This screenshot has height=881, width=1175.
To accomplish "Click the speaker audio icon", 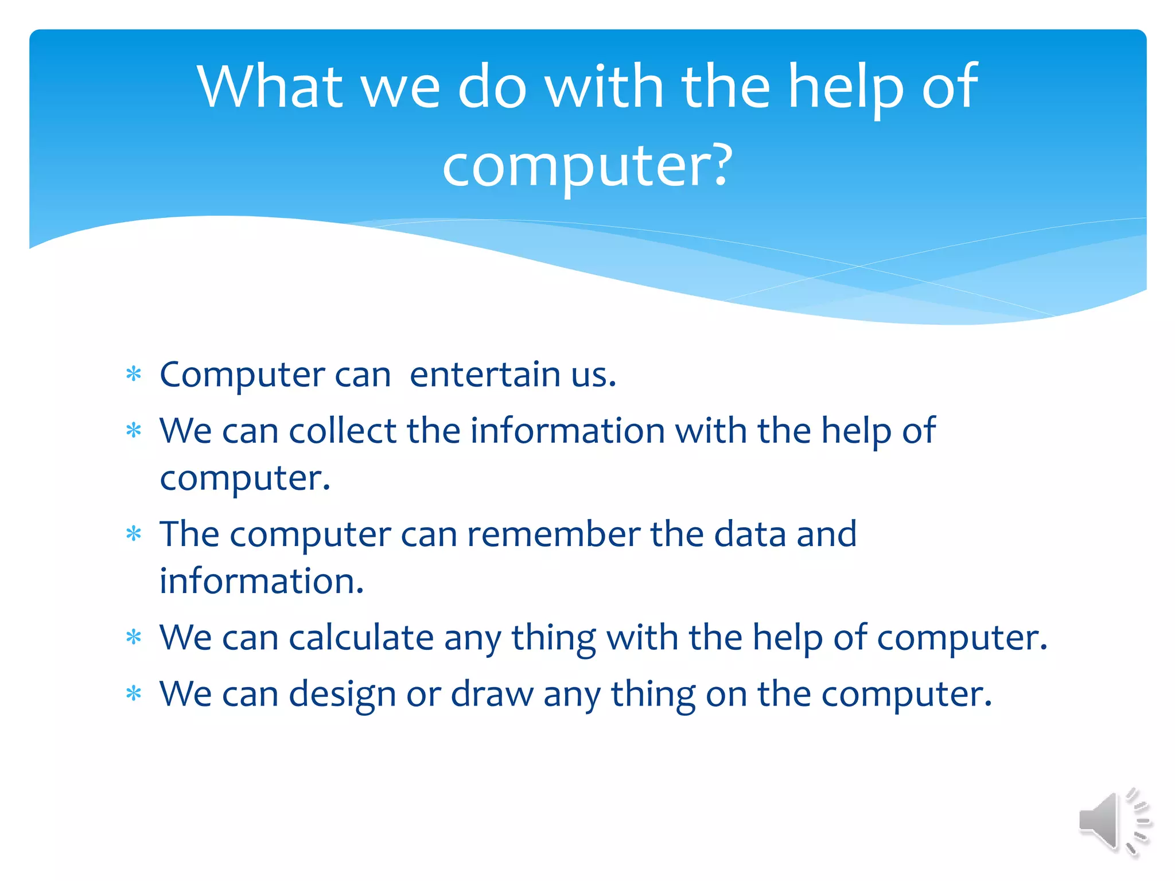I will pyautogui.click(x=1113, y=821).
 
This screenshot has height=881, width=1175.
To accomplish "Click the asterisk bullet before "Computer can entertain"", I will pyautogui.click(x=134, y=375).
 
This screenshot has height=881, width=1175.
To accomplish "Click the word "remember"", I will pyautogui.click(x=553, y=534).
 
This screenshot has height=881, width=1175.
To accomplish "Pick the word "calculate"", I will pyautogui.click(x=361, y=637).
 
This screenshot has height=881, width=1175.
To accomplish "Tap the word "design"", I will pyautogui.click(x=342, y=694).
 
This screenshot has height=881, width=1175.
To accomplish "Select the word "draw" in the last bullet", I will pyautogui.click(x=492, y=694).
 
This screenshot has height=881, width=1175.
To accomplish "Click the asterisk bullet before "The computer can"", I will pyautogui.click(x=134, y=535).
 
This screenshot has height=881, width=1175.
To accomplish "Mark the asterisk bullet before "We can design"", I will pyautogui.click(x=134, y=694).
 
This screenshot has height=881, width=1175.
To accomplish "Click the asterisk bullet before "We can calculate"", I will pyautogui.click(x=134, y=637).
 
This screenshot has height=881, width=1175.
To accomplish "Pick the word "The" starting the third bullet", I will pyautogui.click(x=189, y=534).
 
